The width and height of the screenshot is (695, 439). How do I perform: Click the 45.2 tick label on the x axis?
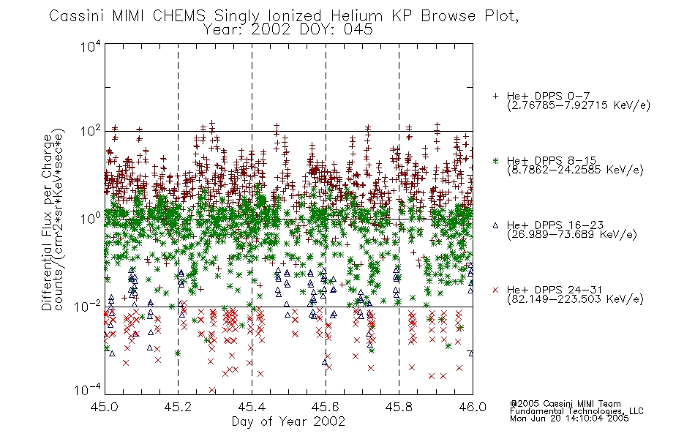tap(178, 407)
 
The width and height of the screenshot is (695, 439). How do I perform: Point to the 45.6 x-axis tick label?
tap(326, 407)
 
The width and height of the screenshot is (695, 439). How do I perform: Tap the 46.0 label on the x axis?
tap(473, 407)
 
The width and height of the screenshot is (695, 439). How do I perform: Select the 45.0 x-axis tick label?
tap(104, 407)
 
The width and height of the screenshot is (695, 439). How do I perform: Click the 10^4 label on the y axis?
tap(91, 46)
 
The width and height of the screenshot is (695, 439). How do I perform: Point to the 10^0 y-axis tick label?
tap(91, 218)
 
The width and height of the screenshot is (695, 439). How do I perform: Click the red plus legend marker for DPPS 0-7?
tap(495, 96)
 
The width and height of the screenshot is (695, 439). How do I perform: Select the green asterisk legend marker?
tap(495, 160)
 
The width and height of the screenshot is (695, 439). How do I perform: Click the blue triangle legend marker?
tap(495, 225)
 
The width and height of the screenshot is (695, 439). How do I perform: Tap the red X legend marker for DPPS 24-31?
tap(495, 290)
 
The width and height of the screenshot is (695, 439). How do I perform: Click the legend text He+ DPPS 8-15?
tap(552, 160)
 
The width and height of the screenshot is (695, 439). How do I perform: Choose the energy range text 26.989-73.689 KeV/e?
tap(572, 234)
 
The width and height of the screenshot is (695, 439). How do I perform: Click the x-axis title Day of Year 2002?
tap(288, 421)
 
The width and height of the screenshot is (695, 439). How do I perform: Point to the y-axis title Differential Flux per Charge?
tap(47, 222)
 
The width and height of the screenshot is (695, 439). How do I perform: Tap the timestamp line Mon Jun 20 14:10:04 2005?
tap(569, 419)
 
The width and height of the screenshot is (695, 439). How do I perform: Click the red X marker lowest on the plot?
tap(212, 390)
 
